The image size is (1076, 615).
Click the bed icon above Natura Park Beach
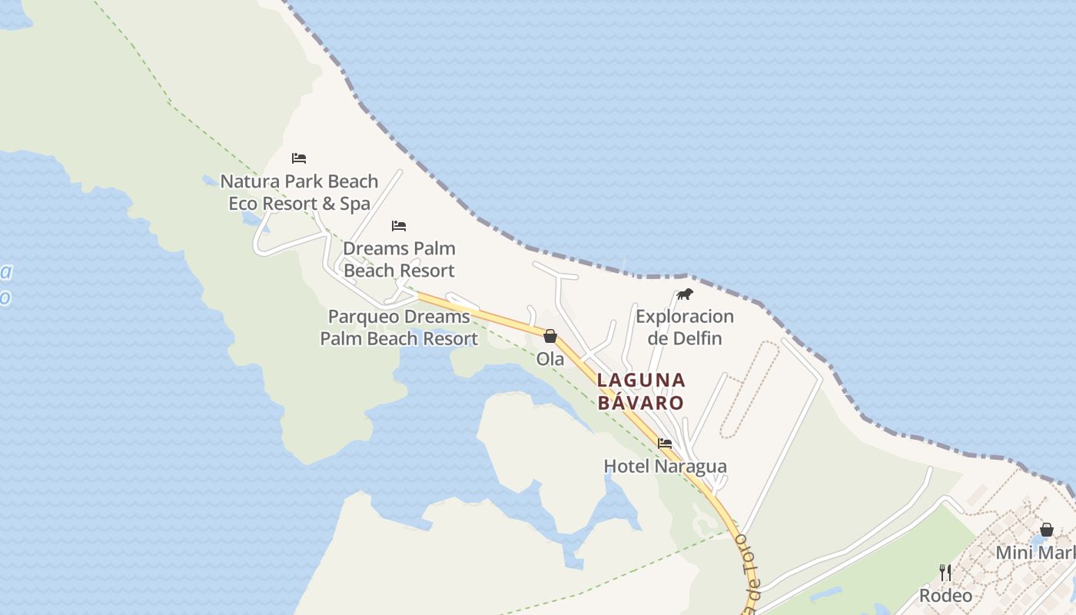[x=299, y=158]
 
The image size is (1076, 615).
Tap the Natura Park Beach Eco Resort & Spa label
[x=299, y=192]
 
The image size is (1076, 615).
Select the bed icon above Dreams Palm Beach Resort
[x=398, y=226]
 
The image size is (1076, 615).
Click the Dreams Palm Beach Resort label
[x=399, y=259]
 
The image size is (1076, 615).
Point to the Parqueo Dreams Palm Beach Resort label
[x=399, y=327]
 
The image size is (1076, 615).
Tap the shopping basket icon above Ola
[x=550, y=336]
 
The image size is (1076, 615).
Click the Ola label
[x=550, y=358]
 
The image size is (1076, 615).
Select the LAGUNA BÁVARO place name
[x=640, y=391]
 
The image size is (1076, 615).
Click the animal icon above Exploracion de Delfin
[x=684, y=294]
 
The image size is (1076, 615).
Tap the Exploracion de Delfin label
[x=684, y=327]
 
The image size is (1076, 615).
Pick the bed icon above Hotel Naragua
[x=665, y=444]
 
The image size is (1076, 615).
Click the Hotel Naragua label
[x=665, y=466]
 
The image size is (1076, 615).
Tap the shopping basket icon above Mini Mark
[x=1046, y=530]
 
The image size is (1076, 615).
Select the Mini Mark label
[x=1035, y=553]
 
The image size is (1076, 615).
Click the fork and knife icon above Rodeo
[x=945, y=573]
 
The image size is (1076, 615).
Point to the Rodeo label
[x=945, y=595]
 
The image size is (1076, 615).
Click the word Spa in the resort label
[x=355, y=204]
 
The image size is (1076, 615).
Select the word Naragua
[x=689, y=466]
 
